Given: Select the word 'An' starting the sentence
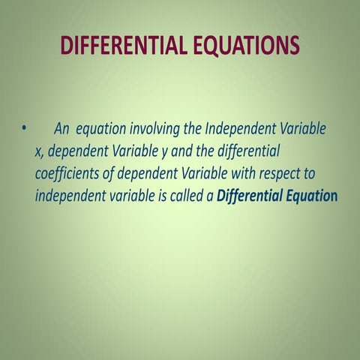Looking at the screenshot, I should pyautogui.click(x=62, y=128).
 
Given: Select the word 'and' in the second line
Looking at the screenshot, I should pyautogui.click(x=184, y=151).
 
